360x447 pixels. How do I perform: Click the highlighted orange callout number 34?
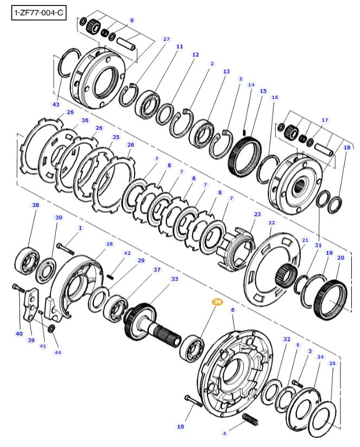click(x=217, y=301)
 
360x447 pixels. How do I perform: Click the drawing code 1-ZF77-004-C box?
click(x=39, y=13)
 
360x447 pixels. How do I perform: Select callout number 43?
click(x=56, y=104)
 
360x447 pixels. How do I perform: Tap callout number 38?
click(x=36, y=205)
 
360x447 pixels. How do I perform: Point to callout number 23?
click(x=257, y=214)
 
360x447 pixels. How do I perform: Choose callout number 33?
click(x=174, y=279)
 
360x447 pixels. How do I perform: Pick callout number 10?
click(x=180, y=426)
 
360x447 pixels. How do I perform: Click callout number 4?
click(x=225, y=433)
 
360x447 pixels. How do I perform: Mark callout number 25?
click(x=332, y=363)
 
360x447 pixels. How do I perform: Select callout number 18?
click(x=347, y=147)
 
